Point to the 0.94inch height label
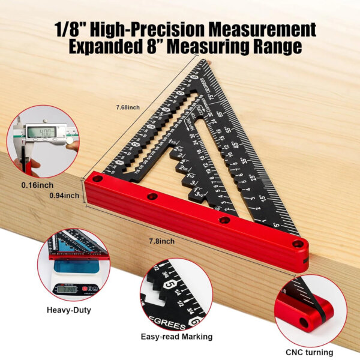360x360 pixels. (x=65, y=195)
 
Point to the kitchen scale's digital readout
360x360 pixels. (x=68, y=290)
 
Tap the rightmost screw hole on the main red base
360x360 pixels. (x=298, y=244)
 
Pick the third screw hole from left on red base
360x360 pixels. (x=224, y=220)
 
